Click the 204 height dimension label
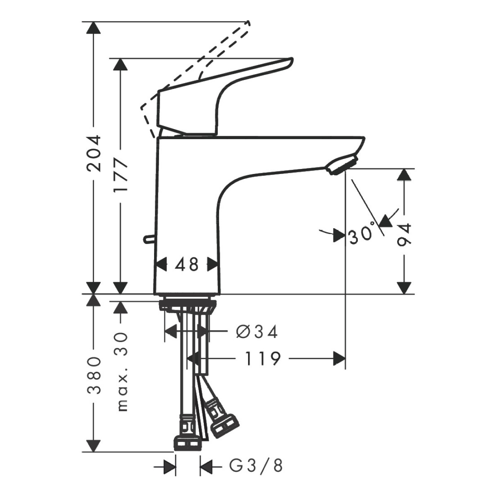(x=94, y=153)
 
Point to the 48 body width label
(x=187, y=265)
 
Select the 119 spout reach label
(x=262, y=359)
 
